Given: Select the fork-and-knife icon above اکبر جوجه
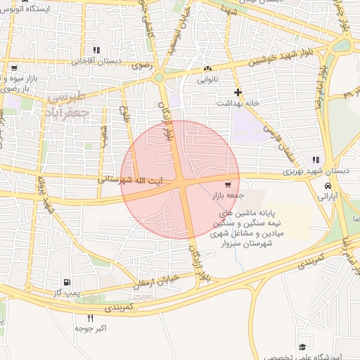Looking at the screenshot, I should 80,318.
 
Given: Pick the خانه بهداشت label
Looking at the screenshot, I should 242,103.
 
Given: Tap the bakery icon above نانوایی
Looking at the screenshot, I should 207,69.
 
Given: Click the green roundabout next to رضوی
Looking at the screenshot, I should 159,78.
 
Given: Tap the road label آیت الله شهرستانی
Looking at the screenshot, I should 129,180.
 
